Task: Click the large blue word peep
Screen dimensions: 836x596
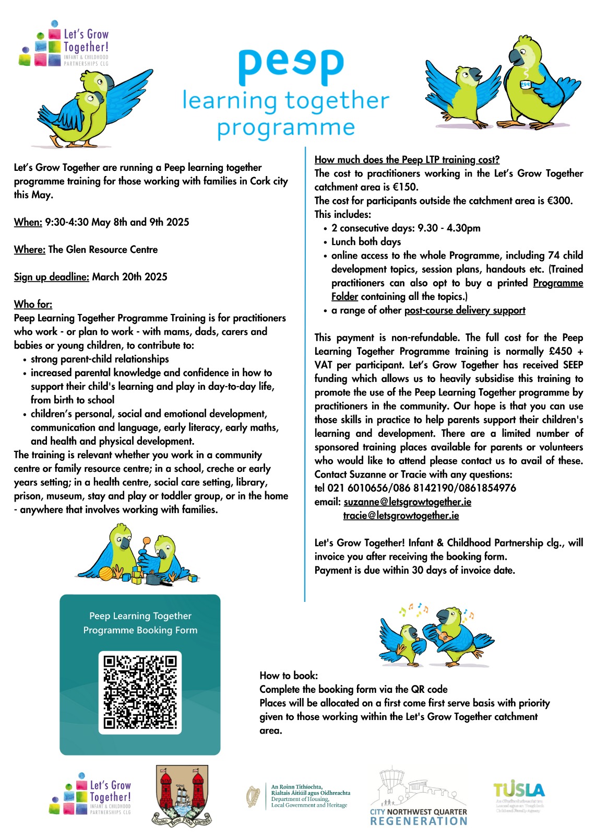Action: (291, 66)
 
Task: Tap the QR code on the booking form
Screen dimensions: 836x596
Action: (140, 692)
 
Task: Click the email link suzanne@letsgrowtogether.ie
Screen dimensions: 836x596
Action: (407, 502)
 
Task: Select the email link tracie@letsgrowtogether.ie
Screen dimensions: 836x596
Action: (401, 516)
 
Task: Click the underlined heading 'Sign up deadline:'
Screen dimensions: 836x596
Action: (51, 277)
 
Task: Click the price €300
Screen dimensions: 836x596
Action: (559, 201)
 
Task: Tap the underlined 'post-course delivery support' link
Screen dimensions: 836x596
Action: (464, 310)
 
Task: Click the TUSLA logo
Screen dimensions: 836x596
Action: (519, 790)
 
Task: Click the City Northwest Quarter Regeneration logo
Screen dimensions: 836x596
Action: (419, 797)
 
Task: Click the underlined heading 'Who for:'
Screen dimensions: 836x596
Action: (33, 304)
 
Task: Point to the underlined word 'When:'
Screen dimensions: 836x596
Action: (28, 222)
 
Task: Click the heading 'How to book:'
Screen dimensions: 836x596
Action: (289, 676)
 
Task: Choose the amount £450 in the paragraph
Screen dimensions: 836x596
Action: (559, 351)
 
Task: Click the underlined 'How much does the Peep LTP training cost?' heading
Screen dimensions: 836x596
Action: (407, 160)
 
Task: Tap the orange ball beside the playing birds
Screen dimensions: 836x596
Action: (106, 573)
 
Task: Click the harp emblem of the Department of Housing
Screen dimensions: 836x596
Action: (253, 797)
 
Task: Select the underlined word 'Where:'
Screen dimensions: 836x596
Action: (29, 250)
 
